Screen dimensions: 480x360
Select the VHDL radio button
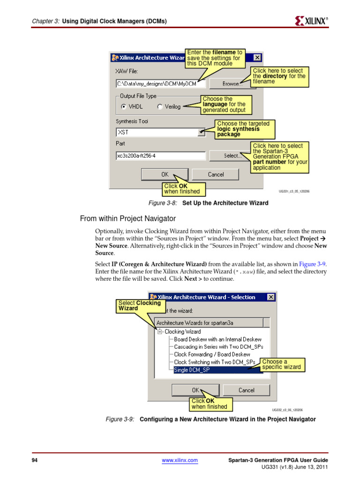124,106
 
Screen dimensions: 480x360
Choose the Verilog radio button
160,106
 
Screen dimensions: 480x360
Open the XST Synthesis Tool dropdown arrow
201,133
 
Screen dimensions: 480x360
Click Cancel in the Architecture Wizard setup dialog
216,174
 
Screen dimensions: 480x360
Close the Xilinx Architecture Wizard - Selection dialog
271,297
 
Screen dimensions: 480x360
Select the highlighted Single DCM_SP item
192,370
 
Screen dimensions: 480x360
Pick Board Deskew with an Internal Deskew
217,339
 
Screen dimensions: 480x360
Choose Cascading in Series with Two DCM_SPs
218,347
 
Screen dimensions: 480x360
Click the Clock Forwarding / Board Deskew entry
212,354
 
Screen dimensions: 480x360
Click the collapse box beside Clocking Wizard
160,331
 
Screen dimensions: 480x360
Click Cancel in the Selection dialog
246,390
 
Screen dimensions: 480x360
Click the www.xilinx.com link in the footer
180,461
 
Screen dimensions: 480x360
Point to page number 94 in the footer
34,461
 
